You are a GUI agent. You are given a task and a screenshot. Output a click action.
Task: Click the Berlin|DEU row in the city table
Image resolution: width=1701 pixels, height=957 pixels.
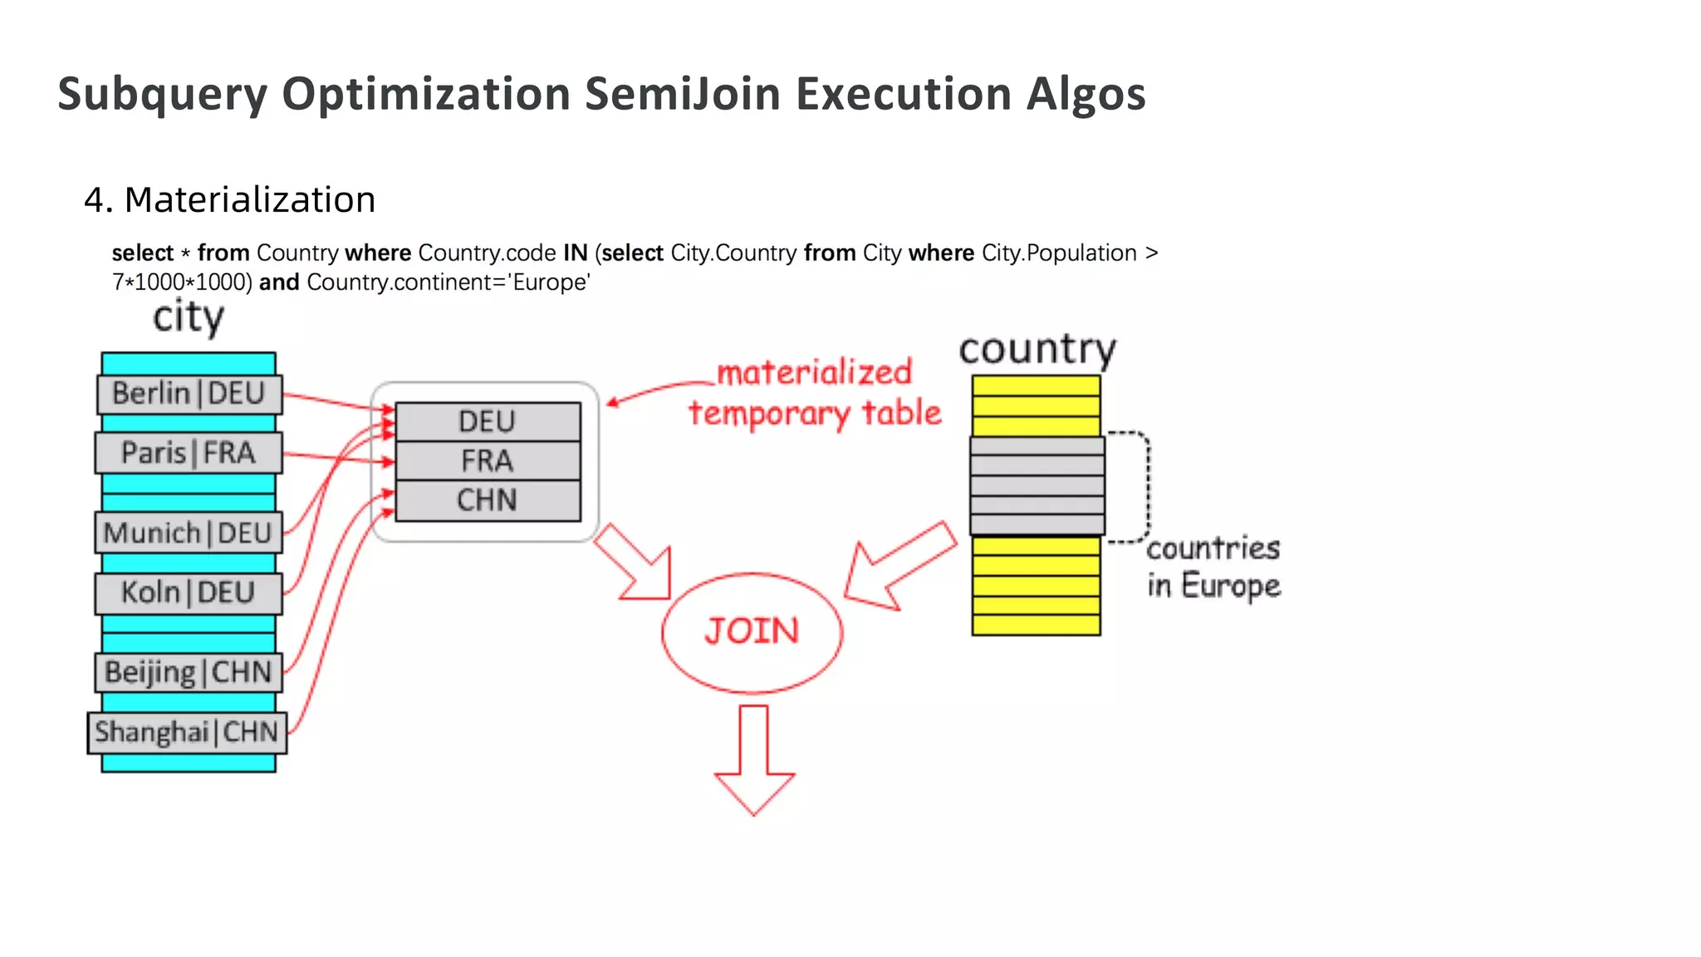click(x=189, y=394)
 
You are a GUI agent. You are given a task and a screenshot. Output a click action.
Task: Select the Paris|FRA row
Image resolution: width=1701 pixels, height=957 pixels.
click(x=189, y=454)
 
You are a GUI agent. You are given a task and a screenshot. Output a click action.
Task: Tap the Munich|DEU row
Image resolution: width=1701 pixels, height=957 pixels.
click(x=189, y=533)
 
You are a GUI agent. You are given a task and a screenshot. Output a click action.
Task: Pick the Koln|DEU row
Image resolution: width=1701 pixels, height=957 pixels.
click(x=189, y=593)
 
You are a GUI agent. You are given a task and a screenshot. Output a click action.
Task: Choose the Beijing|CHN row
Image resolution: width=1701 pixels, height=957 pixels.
click(x=189, y=672)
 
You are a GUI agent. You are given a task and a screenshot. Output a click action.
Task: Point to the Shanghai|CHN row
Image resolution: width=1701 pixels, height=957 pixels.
click(x=187, y=733)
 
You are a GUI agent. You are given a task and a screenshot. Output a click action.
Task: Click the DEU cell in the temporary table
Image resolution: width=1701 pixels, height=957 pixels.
click(x=488, y=422)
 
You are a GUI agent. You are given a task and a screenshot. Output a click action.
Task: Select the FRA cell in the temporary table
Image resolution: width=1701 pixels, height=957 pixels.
click(x=488, y=461)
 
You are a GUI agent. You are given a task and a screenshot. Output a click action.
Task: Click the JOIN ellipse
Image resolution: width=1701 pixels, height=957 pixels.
click(x=752, y=632)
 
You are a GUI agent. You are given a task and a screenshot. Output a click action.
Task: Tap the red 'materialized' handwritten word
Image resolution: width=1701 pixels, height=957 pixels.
click(x=814, y=373)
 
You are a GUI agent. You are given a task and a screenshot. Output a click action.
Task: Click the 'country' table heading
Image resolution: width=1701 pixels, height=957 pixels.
click(x=1037, y=350)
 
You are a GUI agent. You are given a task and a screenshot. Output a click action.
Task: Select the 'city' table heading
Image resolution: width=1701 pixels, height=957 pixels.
click(x=189, y=317)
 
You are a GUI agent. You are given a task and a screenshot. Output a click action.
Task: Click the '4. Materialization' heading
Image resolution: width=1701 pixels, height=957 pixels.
click(x=230, y=200)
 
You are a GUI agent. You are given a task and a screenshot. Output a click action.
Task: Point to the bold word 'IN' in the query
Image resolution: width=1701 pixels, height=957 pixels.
click(x=575, y=253)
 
